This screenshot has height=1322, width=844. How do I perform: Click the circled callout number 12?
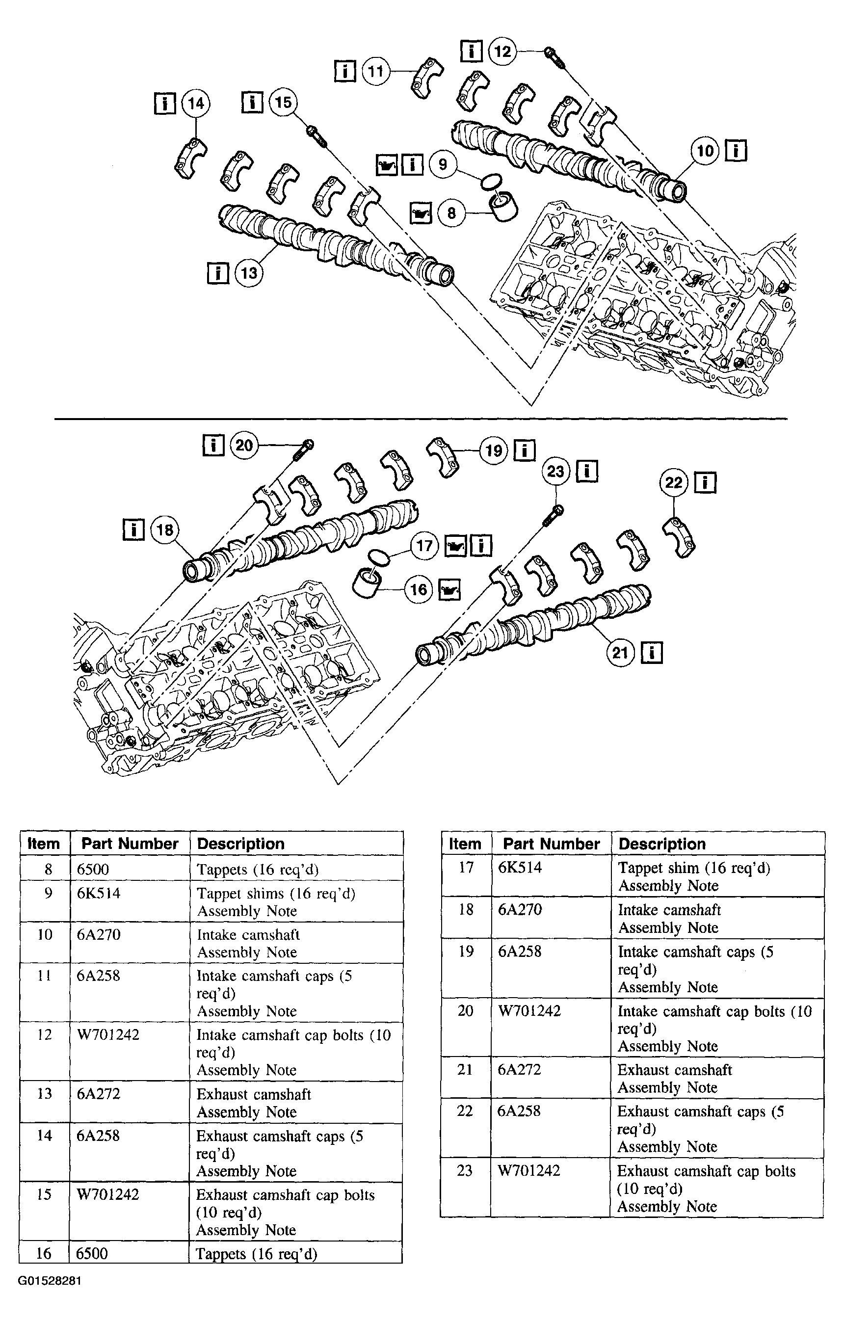[x=502, y=52]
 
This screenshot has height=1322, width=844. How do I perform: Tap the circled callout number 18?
[x=165, y=530]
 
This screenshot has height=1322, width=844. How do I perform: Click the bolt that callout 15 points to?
[x=317, y=135]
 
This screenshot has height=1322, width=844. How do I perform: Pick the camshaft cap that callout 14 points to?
[x=190, y=158]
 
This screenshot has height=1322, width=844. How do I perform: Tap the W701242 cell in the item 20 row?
[x=529, y=1011]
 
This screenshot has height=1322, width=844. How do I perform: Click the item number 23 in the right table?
[x=465, y=1170]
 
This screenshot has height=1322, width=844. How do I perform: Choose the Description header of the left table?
[x=240, y=844]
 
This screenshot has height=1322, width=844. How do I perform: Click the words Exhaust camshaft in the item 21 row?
[x=674, y=1069]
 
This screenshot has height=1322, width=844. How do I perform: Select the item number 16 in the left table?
[x=44, y=1253]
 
